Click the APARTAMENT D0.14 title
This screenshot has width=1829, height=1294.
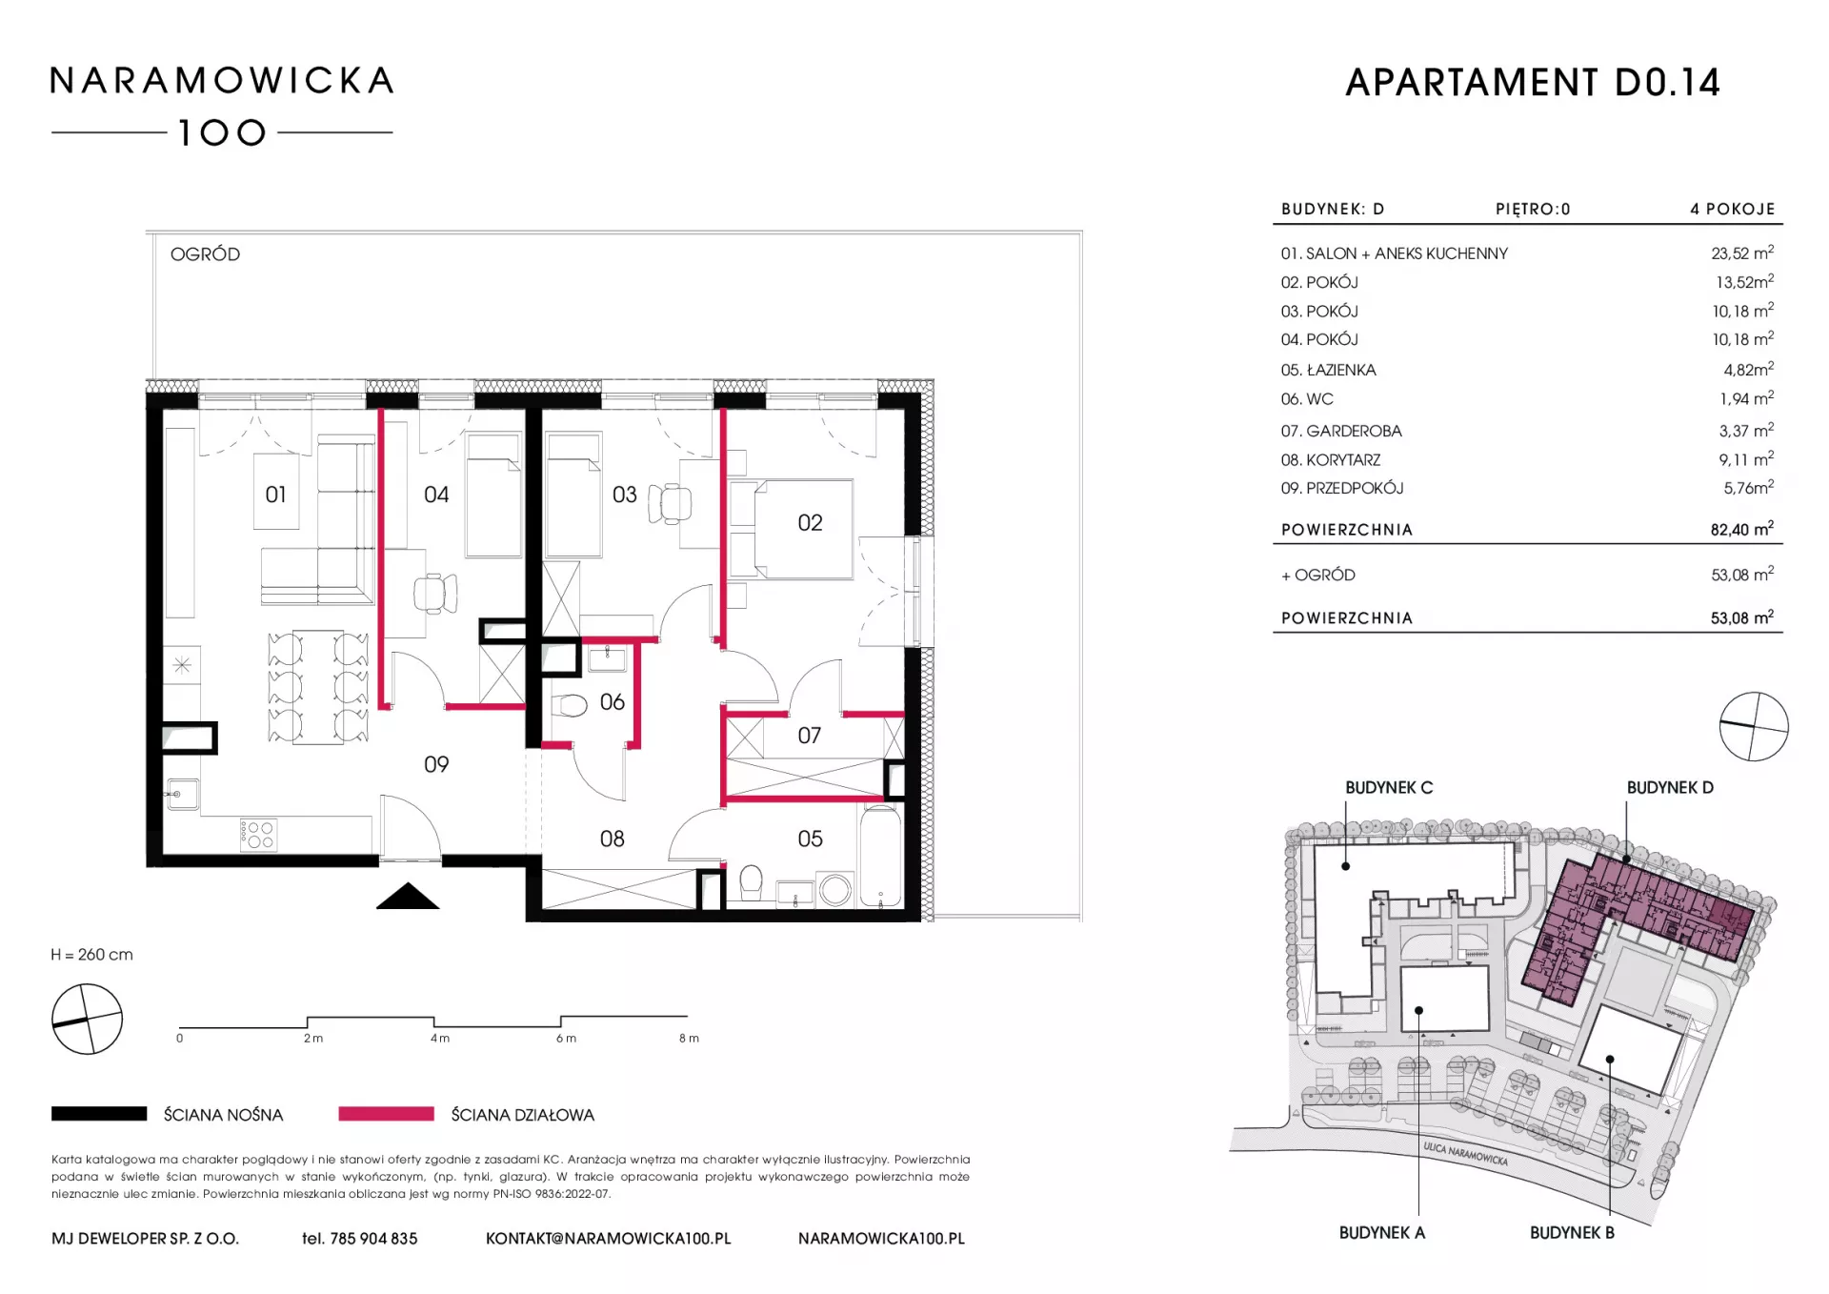coord(1533,83)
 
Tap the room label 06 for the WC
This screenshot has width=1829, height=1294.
coord(613,702)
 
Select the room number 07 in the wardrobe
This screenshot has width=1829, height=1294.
coord(810,736)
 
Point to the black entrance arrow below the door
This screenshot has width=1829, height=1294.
coord(408,896)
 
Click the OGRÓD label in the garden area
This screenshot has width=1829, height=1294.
coord(205,254)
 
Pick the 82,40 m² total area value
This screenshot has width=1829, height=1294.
coord(1742,529)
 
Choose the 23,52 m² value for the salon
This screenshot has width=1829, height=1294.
coord(1742,253)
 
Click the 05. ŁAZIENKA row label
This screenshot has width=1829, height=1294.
coord(1328,370)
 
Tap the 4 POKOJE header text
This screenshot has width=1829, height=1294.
coord(1733,209)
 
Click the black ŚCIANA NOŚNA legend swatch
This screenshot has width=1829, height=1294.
coord(99,1114)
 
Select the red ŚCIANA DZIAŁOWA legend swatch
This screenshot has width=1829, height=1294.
coord(386,1114)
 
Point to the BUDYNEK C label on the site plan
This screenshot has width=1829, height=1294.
coord(1389,788)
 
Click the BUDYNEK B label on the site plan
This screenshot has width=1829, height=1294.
coord(1572,1232)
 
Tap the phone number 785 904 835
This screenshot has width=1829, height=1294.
coord(373,1239)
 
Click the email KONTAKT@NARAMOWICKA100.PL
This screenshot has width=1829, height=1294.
coord(609,1239)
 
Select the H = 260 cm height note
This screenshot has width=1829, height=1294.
coord(92,955)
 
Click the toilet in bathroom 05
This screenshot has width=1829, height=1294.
coord(751,881)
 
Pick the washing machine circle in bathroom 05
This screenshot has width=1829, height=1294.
coord(835,890)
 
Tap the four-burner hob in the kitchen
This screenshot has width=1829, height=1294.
coord(259,835)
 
